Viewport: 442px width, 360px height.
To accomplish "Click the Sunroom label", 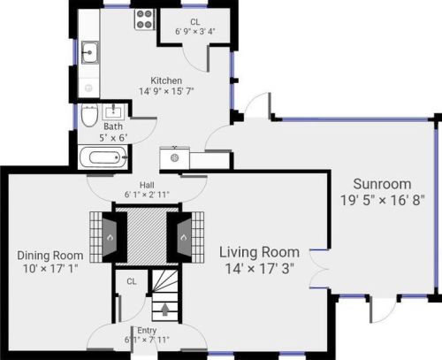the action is (382, 184).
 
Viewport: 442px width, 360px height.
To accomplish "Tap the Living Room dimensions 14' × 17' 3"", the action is (260, 269).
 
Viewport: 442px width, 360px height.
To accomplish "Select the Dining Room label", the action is (50, 256).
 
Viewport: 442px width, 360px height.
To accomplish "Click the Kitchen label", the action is (166, 80).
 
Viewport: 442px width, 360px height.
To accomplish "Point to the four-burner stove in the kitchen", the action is (145, 19).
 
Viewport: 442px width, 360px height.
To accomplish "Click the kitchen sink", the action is (90, 52).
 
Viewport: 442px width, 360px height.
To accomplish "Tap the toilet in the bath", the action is (89, 115).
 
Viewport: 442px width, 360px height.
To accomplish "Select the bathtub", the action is (103, 157).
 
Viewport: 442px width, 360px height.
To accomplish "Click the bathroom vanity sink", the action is (113, 111).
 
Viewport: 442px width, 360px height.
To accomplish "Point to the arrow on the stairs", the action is (165, 310).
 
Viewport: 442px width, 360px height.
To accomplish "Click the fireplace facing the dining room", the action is (110, 237).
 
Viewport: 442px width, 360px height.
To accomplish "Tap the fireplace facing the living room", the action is (185, 237).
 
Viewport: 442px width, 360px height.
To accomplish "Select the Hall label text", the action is (147, 185).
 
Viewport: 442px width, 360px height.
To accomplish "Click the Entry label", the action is (147, 331).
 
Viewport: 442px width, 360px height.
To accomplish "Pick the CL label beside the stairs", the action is (132, 281).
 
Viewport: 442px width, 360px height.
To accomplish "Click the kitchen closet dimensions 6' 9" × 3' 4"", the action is (195, 31).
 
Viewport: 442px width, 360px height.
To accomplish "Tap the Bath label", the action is (113, 126).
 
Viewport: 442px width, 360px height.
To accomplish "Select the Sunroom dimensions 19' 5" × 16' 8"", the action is (383, 200).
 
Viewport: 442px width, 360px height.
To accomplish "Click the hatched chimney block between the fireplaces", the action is (147, 237).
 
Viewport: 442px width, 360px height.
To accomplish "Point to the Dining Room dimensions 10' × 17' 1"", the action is (50, 269).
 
